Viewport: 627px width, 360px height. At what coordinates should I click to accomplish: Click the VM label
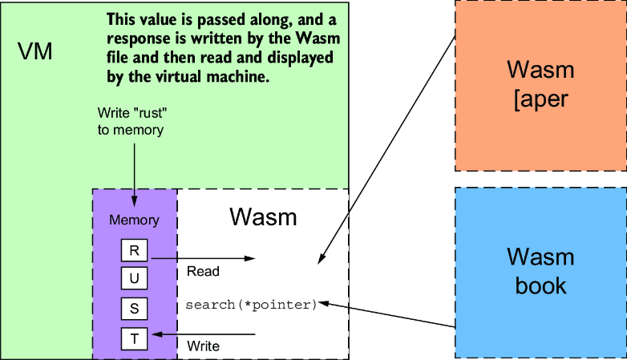point(34,51)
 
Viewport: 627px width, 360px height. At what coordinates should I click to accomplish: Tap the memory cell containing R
point(135,250)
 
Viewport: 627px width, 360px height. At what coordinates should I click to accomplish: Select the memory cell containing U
point(135,278)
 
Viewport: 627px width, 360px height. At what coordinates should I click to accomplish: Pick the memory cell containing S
point(135,309)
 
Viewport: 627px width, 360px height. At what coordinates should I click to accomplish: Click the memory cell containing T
point(135,339)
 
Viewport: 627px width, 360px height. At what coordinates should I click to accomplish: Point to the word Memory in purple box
point(135,220)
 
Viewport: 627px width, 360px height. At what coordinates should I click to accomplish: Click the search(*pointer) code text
point(251,305)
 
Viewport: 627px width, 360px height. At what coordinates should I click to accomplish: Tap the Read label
point(203,271)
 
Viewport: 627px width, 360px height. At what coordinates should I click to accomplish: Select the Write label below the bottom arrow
point(203,346)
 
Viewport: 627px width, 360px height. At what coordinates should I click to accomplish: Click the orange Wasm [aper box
point(540,86)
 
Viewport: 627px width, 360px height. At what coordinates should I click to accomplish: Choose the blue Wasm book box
point(540,273)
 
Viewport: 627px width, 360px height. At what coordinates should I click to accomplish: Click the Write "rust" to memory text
point(132,121)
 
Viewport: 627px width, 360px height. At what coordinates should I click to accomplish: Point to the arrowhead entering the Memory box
point(135,201)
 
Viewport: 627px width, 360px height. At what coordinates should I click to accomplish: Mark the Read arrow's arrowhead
point(250,258)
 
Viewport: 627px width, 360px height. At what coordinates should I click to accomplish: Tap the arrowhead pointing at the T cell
point(157,334)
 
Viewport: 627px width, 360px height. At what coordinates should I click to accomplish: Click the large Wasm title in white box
point(263,217)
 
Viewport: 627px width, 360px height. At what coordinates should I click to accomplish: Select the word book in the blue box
point(540,285)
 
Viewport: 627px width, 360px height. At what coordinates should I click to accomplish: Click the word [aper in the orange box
point(540,99)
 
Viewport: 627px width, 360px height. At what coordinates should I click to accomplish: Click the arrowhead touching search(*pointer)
point(323,303)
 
